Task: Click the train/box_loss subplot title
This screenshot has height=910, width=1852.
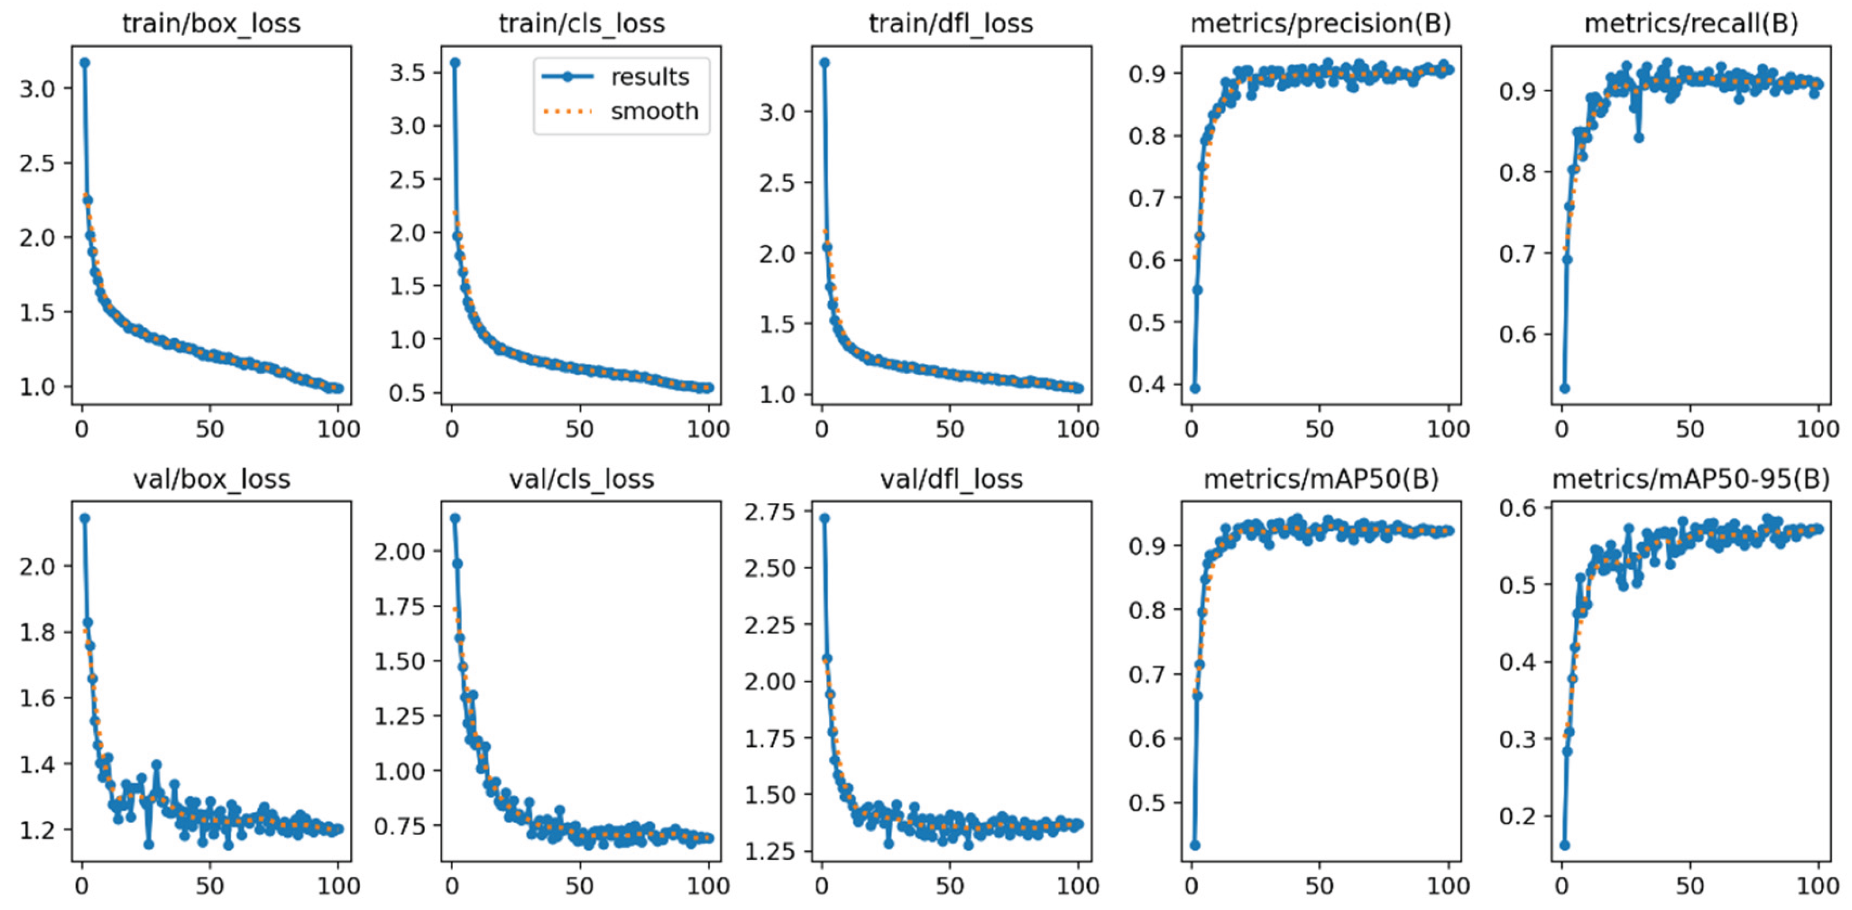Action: click(211, 24)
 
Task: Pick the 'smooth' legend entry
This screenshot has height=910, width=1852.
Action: click(654, 111)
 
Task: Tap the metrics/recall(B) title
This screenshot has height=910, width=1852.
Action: click(1691, 24)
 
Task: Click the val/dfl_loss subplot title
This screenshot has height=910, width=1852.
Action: click(951, 479)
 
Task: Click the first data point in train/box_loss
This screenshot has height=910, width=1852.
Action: click(85, 63)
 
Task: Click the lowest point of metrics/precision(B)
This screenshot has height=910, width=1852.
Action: click(1195, 388)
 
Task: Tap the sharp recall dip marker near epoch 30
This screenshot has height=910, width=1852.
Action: click(1638, 137)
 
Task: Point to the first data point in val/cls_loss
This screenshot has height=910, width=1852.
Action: click(454, 518)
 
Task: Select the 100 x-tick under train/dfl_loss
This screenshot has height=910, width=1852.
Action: click(1077, 430)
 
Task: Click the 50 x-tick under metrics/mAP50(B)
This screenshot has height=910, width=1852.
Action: click(1319, 886)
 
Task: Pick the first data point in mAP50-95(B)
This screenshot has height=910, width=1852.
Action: click(1565, 845)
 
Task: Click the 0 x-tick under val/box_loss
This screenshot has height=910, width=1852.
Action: click(82, 886)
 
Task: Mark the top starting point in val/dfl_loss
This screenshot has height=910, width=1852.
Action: click(825, 518)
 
